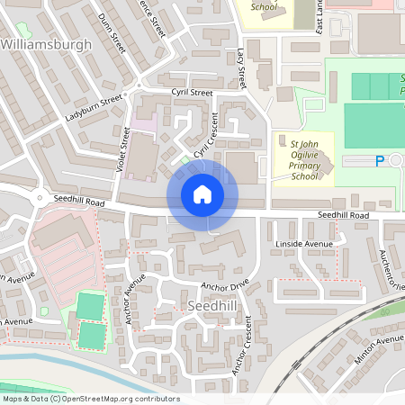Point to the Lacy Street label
point(241,69)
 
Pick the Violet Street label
point(125,150)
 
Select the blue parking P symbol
point(379,161)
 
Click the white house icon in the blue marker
point(202,194)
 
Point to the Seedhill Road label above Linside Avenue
point(344,216)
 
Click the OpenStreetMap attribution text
point(90,399)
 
